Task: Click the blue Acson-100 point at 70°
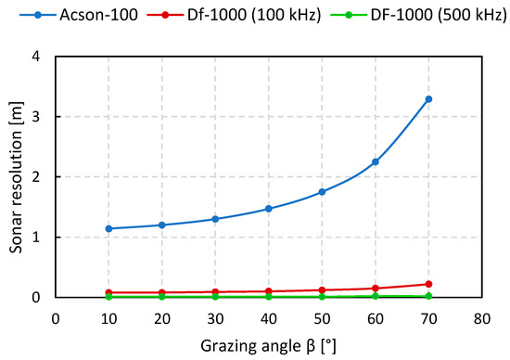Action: [428, 99]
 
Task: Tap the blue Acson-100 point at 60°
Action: [376, 161]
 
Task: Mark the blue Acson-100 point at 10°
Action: [109, 228]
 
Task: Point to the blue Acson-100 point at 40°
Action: [269, 209]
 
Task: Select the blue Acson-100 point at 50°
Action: [322, 192]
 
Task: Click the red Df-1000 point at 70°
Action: [428, 284]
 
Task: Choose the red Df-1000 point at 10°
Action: [109, 292]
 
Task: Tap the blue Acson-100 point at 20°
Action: [162, 225]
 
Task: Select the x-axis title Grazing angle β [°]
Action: [269, 345]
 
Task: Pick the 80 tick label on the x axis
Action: [481, 317]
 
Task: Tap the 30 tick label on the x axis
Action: [215, 317]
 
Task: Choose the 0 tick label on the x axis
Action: [57, 317]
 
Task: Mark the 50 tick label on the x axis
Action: [322, 317]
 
